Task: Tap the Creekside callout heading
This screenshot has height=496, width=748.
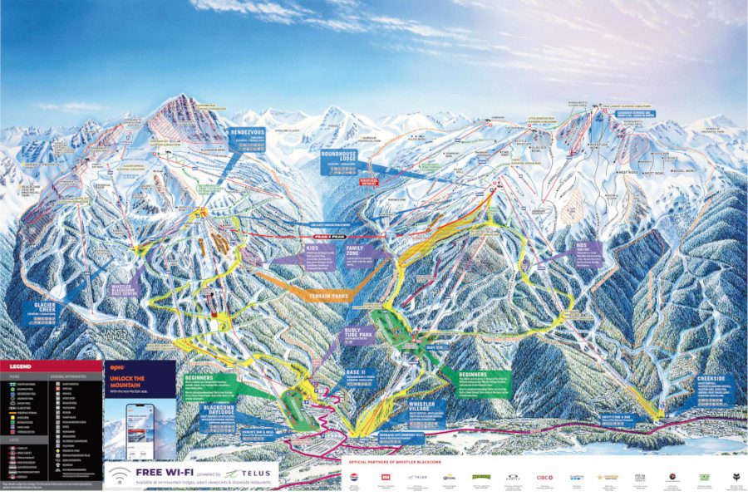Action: (711, 378)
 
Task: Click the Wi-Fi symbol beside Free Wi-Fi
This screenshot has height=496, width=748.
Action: (119, 474)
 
